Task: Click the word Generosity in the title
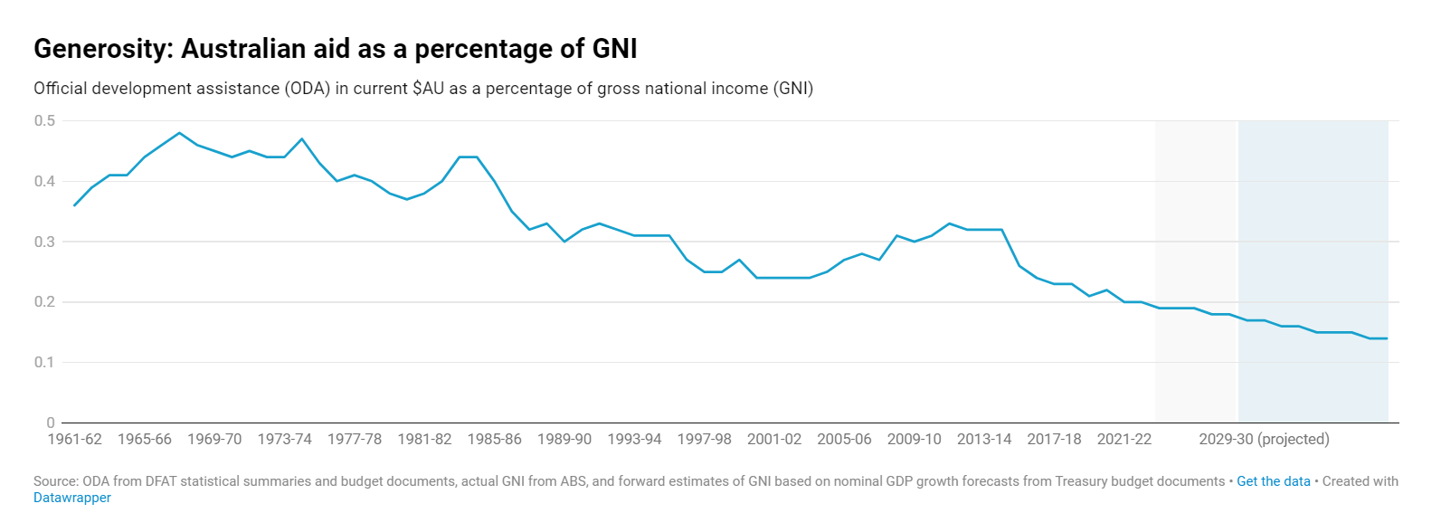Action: (x=102, y=49)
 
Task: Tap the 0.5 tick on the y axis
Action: (x=44, y=121)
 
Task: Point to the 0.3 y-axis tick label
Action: (x=44, y=242)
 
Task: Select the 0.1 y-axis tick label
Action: (x=44, y=362)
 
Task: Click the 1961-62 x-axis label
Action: (x=74, y=440)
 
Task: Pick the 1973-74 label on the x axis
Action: (x=284, y=440)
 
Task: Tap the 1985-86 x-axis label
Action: (x=494, y=440)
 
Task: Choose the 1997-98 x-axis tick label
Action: (x=704, y=440)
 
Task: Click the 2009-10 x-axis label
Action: (x=914, y=440)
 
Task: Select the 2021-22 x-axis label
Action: (x=1123, y=440)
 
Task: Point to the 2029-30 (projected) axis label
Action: (x=1264, y=440)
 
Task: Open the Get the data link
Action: (x=1273, y=481)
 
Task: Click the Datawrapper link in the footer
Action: (x=72, y=498)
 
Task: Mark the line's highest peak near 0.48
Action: (x=179, y=133)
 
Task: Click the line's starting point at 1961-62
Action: (x=74, y=205)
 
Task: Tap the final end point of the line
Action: (x=1387, y=338)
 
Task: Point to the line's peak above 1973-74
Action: (x=302, y=139)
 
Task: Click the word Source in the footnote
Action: (x=55, y=481)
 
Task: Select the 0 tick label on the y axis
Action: (x=51, y=423)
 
